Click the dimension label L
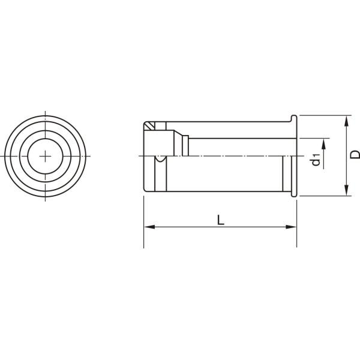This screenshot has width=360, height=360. (x=221, y=220)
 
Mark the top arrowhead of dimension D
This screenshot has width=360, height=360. (x=347, y=120)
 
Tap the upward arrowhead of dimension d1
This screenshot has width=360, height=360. (x=325, y=143)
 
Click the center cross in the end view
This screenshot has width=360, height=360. (x=46, y=155)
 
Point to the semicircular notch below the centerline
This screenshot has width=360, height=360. (x=160, y=159)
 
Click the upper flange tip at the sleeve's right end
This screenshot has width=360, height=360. (x=295, y=117)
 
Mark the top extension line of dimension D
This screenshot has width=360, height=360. (x=324, y=116)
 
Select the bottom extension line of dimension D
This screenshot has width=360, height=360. (x=324, y=196)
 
